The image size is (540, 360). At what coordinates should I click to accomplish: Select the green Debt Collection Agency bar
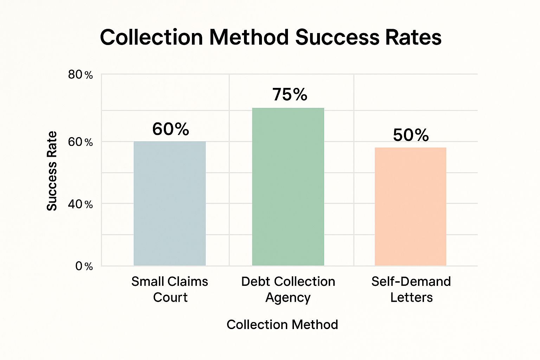pyautogui.click(x=288, y=186)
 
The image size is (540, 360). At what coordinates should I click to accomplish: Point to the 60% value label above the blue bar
pyautogui.click(x=171, y=129)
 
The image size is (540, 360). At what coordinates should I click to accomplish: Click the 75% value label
pyautogui.click(x=290, y=95)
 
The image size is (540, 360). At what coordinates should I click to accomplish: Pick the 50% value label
pyautogui.click(x=411, y=135)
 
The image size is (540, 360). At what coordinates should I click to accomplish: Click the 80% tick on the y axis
pyautogui.click(x=81, y=75)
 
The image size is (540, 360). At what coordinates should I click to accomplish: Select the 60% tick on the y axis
pyautogui.click(x=81, y=142)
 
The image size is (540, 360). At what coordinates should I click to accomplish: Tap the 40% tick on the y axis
pyautogui.click(x=81, y=204)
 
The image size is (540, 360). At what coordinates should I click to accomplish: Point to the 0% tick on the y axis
pyautogui.click(x=84, y=266)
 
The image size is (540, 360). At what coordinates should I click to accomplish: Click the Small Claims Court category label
pyautogui.click(x=170, y=289)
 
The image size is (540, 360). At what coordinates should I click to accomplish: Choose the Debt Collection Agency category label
pyautogui.click(x=288, y=289)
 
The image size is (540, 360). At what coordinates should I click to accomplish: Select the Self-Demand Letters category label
pyautogui.click(x=411, y=289)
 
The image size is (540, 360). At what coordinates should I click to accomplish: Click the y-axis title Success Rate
pyautogui.click(x=52, y=171)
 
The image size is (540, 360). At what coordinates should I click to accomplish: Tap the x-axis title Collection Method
pyautogui.click(x=282, y=324)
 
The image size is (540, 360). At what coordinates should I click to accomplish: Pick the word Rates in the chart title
pyautogui.click(x=413, y=37)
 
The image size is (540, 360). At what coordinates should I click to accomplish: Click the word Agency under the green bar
pyautogui.click(x=288, y=298)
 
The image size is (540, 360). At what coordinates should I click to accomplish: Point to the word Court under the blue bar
pyautogui.click(x=170, y=297)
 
